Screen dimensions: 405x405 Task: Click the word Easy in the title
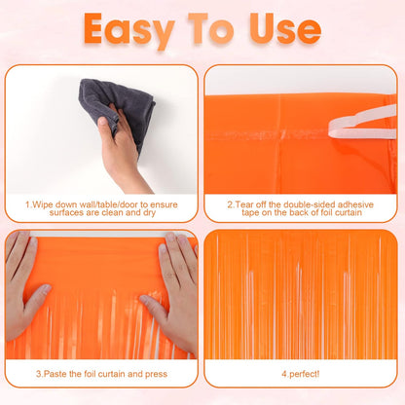click(136, 29)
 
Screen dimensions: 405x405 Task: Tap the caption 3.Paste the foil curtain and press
click(101, 373)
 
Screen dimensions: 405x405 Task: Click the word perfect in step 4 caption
click(307, 373)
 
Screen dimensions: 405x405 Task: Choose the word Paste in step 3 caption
click(54, 373)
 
